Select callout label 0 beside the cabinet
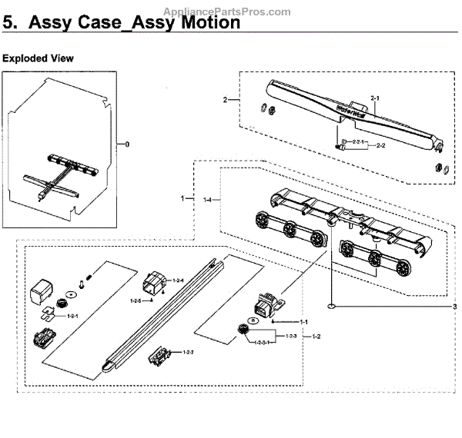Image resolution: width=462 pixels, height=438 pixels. pyautogui.click(x=127, y=144)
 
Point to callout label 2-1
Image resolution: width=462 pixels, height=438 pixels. pyautogui.click(x=376, y=98)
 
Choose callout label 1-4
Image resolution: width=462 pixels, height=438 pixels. pyautogui.click(x=206, y=200)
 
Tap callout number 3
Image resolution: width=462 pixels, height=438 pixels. pyautogui.click(x=454, y=307)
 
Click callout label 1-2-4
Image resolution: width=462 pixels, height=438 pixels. pyautogui.click(x=179, y=281)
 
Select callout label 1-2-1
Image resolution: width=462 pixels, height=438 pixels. pyautogui.click(x=74, y=316)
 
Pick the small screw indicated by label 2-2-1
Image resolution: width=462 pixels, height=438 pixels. pyautogui.click(x=338, y=144)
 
